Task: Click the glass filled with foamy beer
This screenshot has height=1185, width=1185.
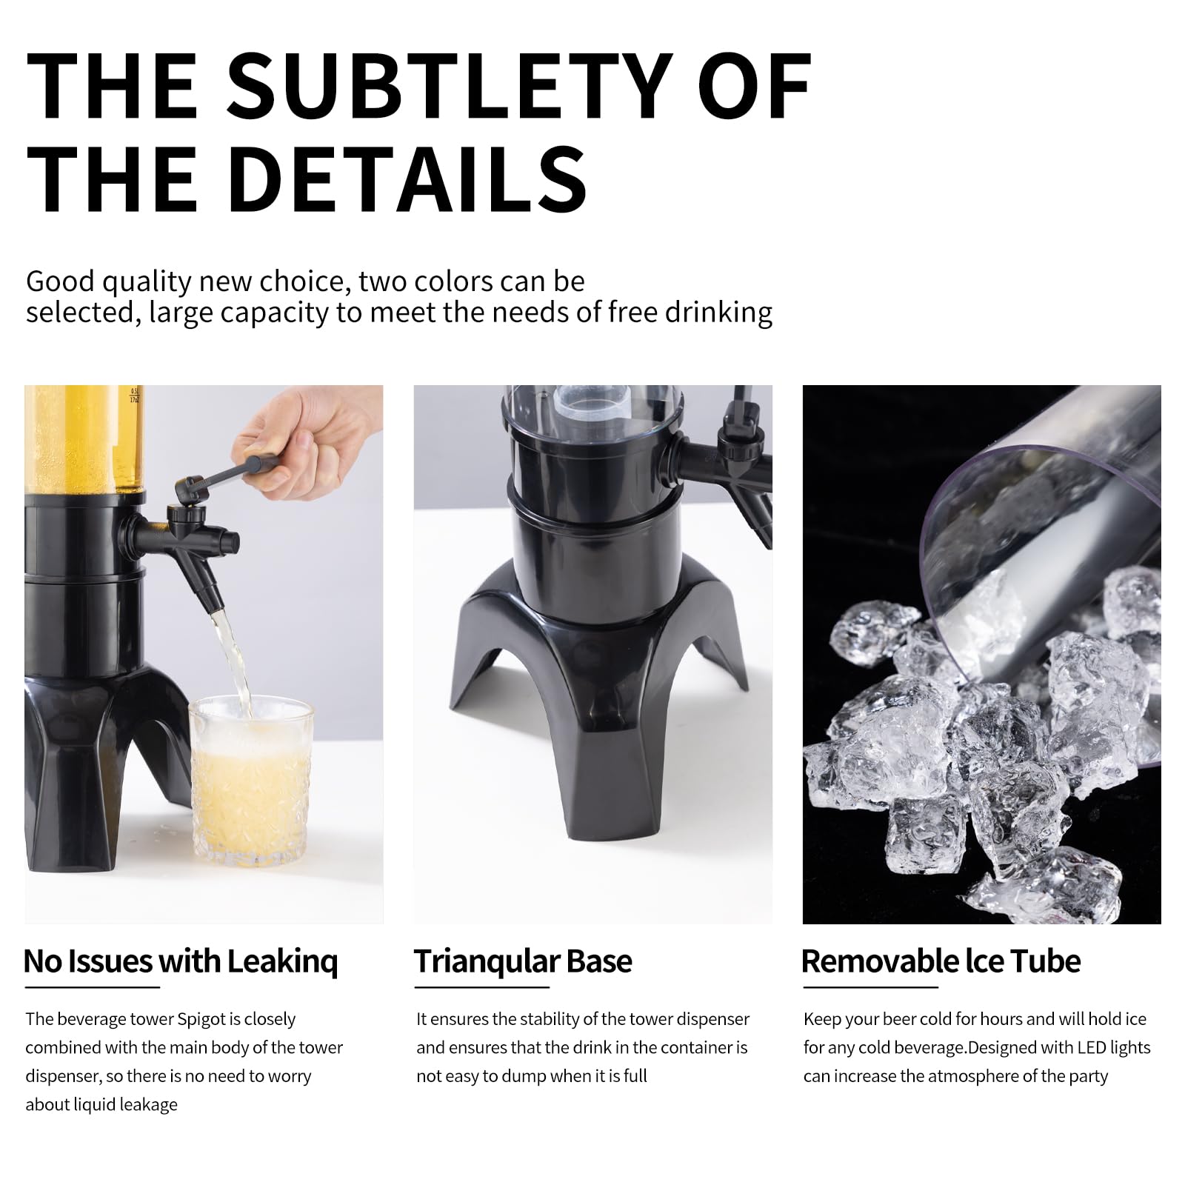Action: (x=251, y=781)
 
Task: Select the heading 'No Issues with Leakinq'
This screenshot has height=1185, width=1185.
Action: (x=181, y=961)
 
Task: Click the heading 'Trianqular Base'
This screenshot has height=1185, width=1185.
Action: (x=523, y=961)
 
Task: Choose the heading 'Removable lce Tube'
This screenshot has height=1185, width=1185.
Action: (x=941, y=961)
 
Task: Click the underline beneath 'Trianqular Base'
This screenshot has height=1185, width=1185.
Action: (x=481, y=987)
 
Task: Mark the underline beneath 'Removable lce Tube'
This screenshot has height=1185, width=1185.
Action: (x=871, y=987)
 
